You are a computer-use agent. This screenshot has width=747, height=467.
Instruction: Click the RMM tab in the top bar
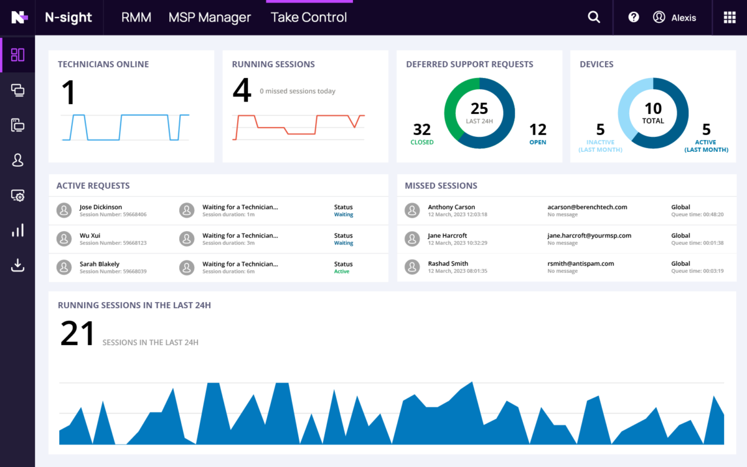point(136,17)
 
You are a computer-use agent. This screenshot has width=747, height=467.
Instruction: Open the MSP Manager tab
point(210,17)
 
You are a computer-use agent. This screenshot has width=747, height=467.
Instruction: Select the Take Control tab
point(309,17)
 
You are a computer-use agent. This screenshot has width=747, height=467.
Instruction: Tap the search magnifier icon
point(594,17)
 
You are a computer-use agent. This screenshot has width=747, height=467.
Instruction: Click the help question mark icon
point(634,17)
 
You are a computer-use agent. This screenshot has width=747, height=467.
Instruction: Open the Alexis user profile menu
point(675,17)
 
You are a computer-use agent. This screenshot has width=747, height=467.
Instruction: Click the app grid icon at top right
point(729,17)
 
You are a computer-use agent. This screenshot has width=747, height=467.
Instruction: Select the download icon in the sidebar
point(17,265)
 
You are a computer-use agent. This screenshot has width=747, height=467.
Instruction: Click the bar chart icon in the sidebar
point(17,230)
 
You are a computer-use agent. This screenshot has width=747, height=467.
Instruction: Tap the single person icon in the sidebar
point(17,161)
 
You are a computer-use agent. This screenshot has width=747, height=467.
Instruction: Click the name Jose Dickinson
point(101,207)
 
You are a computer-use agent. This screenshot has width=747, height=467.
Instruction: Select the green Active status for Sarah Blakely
point(342,271)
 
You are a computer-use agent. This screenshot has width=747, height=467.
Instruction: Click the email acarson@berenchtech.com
point(587,207)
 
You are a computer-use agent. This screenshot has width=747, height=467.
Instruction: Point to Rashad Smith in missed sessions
point(448,263)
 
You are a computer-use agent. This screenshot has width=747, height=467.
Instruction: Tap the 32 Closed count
point(422,130)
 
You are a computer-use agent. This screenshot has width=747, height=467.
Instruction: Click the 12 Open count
point(538,130)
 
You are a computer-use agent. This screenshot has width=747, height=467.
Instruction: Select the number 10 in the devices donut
point(653,109)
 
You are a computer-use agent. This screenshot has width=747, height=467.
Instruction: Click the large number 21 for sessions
point(78,334)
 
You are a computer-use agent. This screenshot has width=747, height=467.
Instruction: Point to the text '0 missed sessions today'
point(298,92)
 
